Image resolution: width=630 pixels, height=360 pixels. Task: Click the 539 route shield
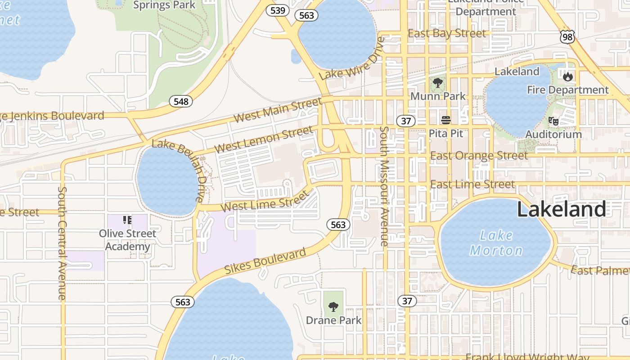(x=278, y=10)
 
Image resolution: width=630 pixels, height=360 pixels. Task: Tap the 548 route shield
(x=181, y=101)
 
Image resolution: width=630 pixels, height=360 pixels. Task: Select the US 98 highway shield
(x=568, y=37)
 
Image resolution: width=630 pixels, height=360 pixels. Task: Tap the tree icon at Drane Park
(x=333, y=307)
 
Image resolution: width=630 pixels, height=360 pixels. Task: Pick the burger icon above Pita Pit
(x=446, y=120)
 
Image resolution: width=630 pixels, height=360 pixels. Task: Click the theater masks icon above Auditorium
(x=553, y=121)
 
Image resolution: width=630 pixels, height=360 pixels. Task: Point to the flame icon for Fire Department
(x=568, y=77)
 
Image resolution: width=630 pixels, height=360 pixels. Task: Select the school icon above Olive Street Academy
(x=127, y=220)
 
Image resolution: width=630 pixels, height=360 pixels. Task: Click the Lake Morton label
(x=496, y=243)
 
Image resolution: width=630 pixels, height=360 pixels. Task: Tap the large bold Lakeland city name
(x=561, y=210)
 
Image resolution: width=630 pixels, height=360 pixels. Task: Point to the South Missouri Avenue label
(x=384, y=186)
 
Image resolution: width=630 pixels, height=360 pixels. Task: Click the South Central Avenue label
(x=62, y=243)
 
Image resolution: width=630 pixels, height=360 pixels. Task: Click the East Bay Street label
(x=446, y=34)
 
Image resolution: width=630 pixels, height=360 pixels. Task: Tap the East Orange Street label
(x=479, y=156)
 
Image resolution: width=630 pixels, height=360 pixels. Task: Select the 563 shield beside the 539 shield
(x=306, y=15)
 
